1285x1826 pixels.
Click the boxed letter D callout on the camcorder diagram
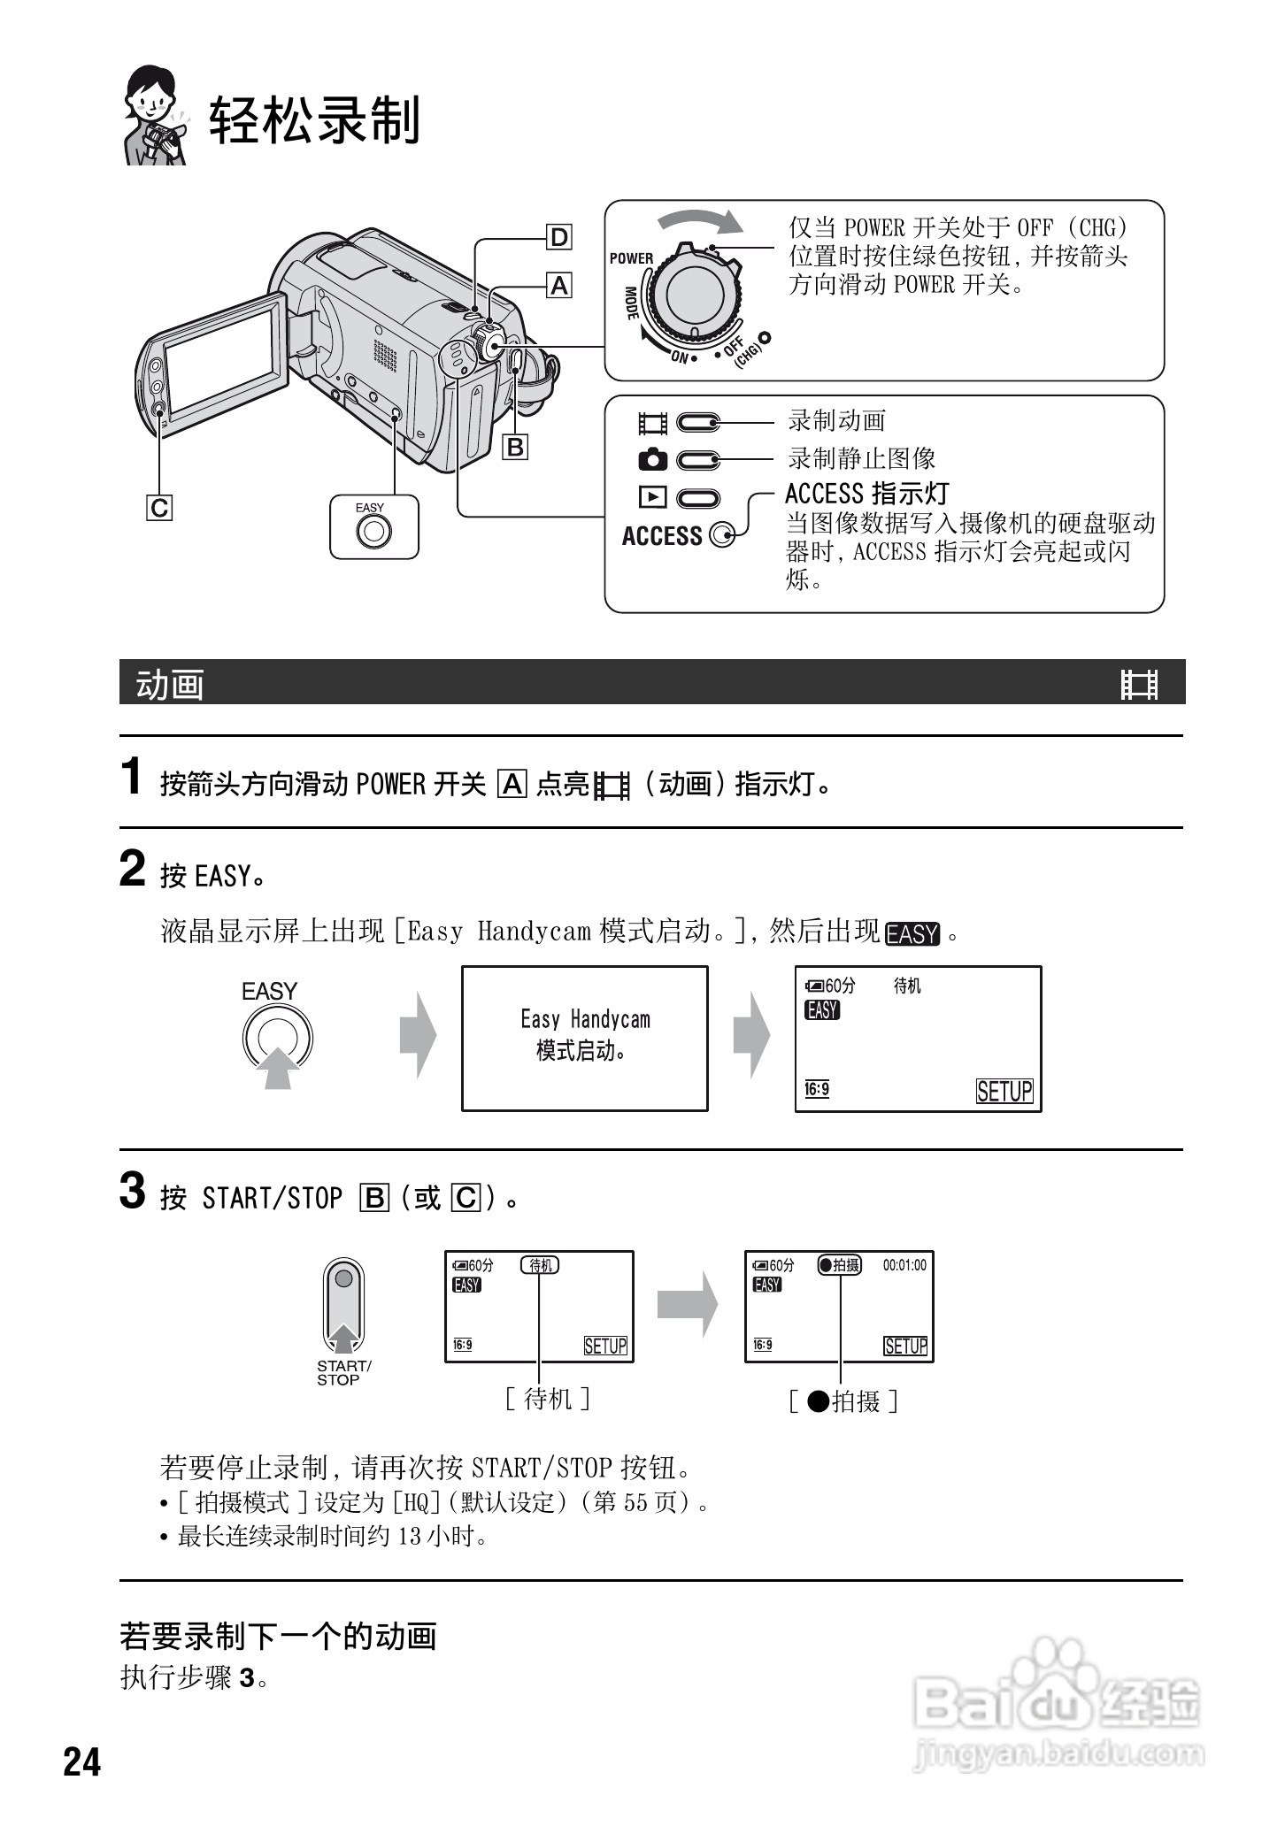tap(559, 237)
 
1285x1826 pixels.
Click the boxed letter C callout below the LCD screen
tap(159, 508)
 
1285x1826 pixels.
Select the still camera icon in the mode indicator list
tap(652, 460)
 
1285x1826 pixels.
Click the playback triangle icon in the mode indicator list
tap(652, 498)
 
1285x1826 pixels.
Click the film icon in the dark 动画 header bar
tap(1139, 684)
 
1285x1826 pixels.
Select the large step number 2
tap(132, 869)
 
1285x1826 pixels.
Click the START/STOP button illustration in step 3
tap(344, 1306)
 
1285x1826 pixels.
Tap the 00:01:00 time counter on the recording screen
tap(904, 1265)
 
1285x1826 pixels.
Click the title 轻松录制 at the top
tap(314, 120)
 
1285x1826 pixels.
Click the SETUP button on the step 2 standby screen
tap(1004, 1091)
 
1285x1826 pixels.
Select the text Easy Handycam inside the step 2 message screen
tap(585, 1019)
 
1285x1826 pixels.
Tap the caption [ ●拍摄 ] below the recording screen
tap(843, 1401)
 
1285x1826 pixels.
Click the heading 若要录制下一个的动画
tap(279, 1636)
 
